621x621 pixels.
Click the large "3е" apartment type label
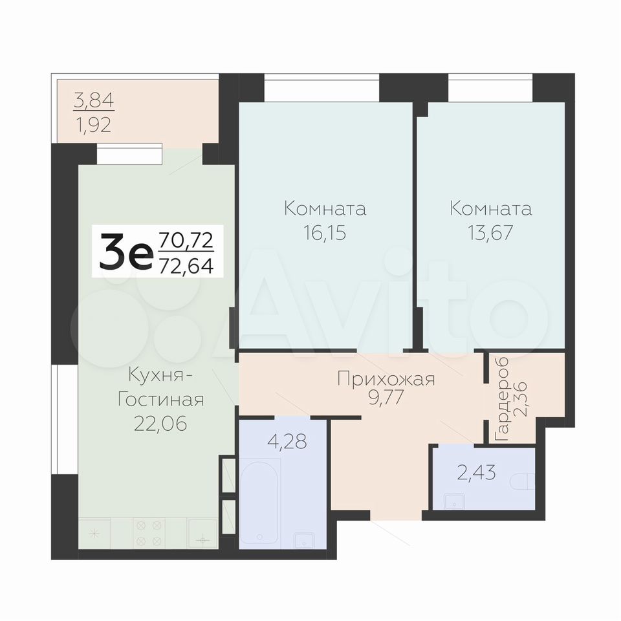click(x=126, y=251)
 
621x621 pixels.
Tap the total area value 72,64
click(x=186, y=264)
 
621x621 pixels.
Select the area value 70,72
click(x=186, y=240)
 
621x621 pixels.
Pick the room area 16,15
click(x=325, y=232)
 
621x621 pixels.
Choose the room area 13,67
click(x=491, y=232)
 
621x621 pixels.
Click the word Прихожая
click(x=386, y=379)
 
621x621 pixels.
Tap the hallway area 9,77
click(x=386, y=398)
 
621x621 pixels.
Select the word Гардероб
click(x=502, y=399)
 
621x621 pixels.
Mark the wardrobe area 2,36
click(x=519, y=399)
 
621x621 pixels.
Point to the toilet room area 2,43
click(x=477, y=472)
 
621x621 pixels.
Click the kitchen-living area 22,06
click(x=160, y=424)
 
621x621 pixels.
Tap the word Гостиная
click(x=161, y=399)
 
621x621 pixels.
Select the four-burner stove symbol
click(x=149, y=533)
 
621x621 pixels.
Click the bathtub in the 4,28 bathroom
click(x=260, y=503)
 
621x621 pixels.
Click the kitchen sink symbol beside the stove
click(x=202, y=533)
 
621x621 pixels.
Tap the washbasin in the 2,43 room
click(x=455, y=501)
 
